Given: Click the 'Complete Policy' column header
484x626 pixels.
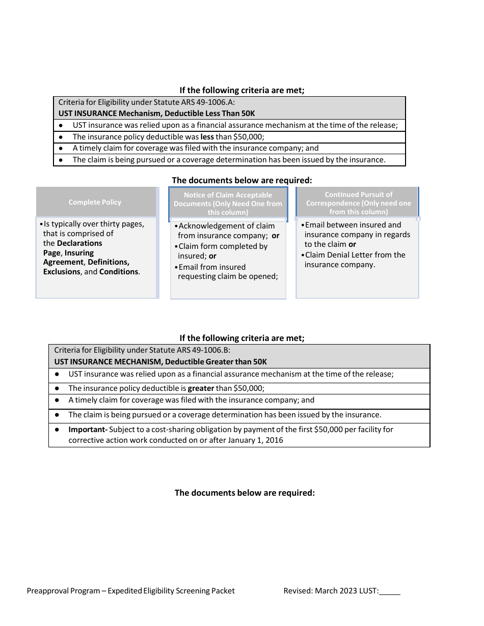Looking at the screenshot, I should point(95,202).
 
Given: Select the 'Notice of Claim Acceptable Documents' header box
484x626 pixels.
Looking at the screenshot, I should point(228,204).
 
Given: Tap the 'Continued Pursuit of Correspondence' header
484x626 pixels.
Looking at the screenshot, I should point(358,203).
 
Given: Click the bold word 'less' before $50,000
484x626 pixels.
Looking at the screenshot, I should point(207,137).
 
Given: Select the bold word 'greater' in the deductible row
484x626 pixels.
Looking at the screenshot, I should point(201,388).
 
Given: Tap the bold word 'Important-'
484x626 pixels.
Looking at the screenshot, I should point(88,430).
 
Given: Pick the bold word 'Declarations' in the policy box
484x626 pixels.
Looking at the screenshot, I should point(79,243).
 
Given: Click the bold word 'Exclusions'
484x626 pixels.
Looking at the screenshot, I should point(62,272).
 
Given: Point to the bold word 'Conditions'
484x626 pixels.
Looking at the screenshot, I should point(119,272).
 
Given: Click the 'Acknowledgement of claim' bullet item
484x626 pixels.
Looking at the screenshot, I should point(227,226).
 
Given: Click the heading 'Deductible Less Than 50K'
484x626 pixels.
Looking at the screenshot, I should point(209,113).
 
